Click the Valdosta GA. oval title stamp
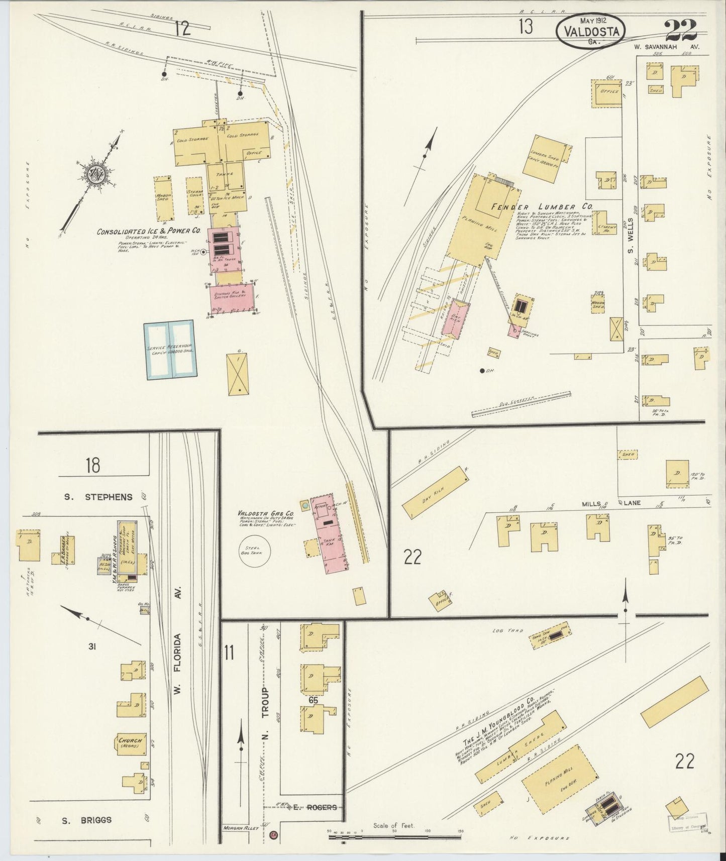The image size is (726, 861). [x=591, y=31]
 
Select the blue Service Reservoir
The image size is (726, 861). [x=170, y=350]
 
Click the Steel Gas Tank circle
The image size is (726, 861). [x=254, y=552]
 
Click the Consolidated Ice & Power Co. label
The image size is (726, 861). [x=149, y=232]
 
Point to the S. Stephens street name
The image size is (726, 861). [x=98, y=497]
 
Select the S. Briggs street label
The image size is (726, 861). [x=86, y=820]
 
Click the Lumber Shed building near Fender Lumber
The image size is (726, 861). [x=546, y=158]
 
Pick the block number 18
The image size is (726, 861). [x=92, y=466]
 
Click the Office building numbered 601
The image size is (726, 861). [x=606, y=92]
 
